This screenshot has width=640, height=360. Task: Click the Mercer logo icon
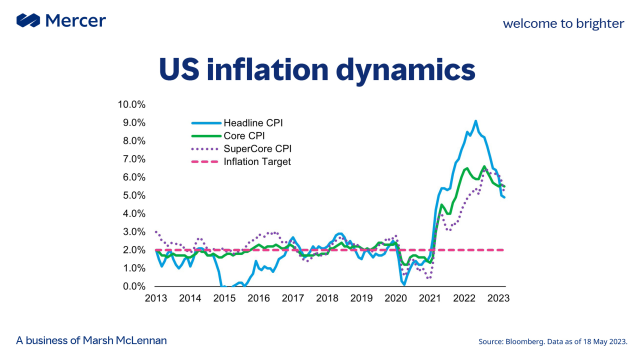[x=28, y=20]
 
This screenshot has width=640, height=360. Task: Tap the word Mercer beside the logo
[x=76, y=20]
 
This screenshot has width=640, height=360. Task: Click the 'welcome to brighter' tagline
[x=563, y=24]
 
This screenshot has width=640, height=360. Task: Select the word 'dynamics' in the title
[x=406, y=70]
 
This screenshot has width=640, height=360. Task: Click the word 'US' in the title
[x=179, y=69]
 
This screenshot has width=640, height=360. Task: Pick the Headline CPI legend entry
[x=237, y=123]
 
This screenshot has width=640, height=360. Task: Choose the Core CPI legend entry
[x=228, y=136]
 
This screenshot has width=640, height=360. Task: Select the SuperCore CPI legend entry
[x=241, y=149]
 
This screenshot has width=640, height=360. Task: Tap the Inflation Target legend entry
[x=241, y=162]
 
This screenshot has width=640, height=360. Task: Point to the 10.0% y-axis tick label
[x=131, y=104]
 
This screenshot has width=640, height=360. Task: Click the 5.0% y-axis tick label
[x=134, y=196]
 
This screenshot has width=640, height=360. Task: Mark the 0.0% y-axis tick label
[x=134, y=287]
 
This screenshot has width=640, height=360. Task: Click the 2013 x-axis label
[x=156, y=298]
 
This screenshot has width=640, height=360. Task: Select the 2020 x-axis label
[x=396, y=298]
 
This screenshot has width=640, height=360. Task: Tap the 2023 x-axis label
[x=498, y=298]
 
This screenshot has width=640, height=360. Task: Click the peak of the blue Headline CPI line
[x=476, y=121]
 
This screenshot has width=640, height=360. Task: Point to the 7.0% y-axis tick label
[x=134, y=159]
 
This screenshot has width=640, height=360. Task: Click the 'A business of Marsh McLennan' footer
[x=91, y=340]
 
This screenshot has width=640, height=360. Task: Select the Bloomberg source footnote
[x=553, y=341]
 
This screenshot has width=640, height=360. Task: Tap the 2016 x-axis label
[x=259, y=298]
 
